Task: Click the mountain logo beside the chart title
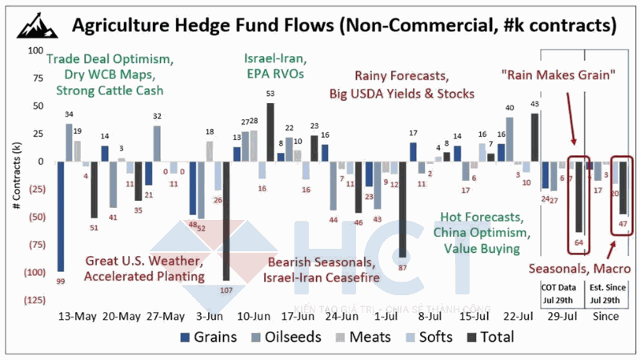34,25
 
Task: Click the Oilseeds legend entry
289,337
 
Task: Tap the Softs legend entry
423,337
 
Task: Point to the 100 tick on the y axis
34,50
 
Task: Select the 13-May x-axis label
78,315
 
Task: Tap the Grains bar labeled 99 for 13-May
61,216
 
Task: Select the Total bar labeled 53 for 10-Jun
270,132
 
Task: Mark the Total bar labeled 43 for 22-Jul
534,137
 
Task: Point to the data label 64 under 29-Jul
578,242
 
